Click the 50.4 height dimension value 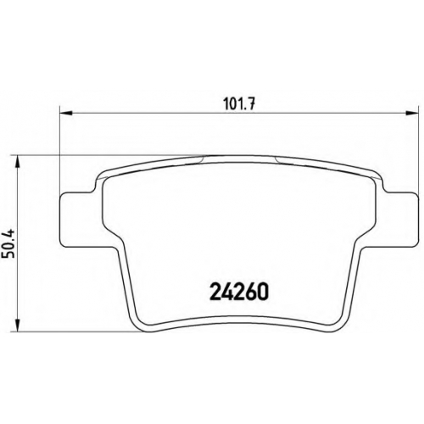tap(8, 244)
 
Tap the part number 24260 tap(238, 292)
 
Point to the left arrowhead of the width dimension tap(66, 114)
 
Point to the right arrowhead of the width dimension tap(412, 114)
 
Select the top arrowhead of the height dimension tap(18, 162)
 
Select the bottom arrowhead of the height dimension tap(18, 325)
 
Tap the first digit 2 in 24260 tap(215, 292)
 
